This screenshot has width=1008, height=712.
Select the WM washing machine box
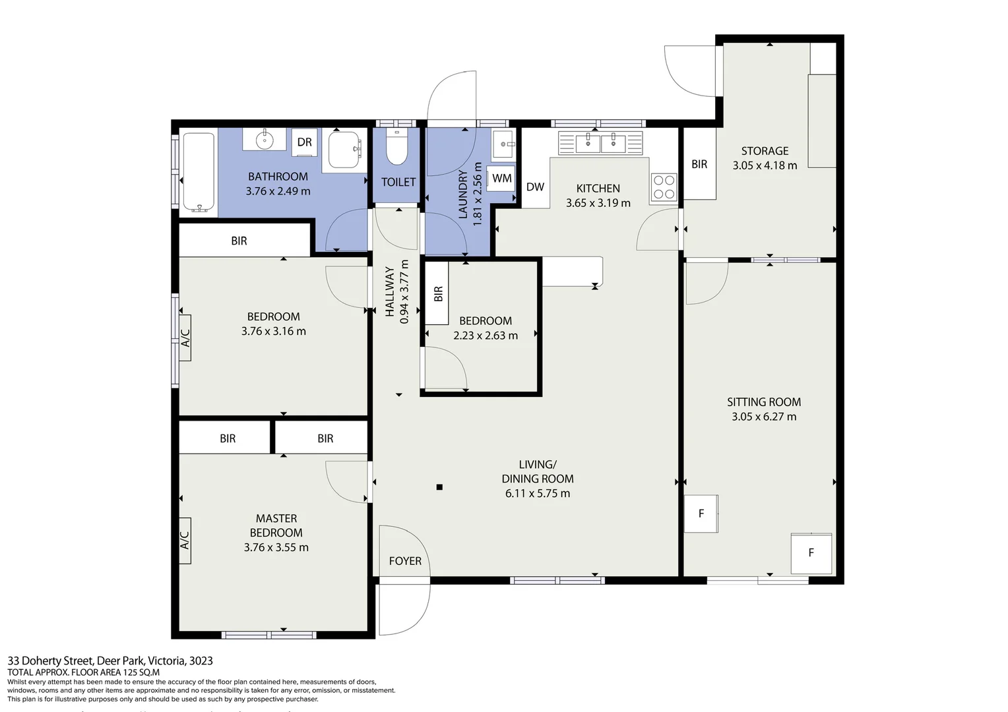501,178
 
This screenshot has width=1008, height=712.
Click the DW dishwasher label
535,187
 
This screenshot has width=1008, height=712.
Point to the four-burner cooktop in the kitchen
664,187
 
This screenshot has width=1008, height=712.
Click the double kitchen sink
600,142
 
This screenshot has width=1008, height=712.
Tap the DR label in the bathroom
304,142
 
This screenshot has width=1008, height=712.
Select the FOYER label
405,561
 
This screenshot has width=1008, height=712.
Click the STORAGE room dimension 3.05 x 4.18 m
765,165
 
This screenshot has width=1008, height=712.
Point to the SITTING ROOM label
764,402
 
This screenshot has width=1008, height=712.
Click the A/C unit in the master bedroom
185,541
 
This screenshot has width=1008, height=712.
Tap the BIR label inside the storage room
699,164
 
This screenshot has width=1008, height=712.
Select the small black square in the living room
439,487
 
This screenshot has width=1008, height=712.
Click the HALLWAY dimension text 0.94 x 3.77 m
404,291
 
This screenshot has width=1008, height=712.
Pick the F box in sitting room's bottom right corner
811,552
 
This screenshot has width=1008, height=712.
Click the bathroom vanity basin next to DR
265,139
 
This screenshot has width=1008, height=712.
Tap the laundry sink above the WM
504,143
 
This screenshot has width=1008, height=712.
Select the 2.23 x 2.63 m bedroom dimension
486,336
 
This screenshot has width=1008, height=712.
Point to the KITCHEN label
598,189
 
